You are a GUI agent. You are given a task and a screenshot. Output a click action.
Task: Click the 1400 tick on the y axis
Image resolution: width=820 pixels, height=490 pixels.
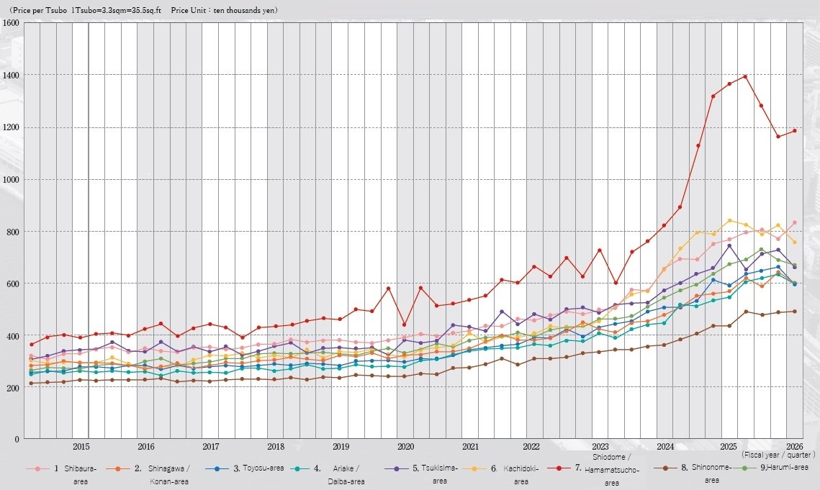(x=11, y=76)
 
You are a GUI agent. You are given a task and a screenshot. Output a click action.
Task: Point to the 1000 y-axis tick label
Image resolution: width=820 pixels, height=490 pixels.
(x=11, y=179)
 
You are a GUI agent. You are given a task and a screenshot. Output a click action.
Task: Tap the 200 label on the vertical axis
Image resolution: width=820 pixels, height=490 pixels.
(x=12, y=388)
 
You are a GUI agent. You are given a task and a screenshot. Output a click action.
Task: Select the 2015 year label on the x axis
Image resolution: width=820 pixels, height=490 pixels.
(x=81, y=447)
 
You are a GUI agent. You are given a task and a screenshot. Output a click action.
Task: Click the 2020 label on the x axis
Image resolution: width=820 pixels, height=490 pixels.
(x=406, y=447)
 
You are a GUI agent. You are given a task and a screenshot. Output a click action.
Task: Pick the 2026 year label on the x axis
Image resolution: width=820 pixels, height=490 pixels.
(x=794, y=447)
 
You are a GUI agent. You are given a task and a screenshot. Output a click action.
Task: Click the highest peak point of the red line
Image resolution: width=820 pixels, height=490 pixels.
(x=745, y=76)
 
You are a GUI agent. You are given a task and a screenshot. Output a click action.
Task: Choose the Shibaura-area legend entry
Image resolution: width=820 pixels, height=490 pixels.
(x=62, y=474)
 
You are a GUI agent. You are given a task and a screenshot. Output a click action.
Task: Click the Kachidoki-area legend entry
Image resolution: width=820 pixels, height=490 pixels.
(x=507, y=474)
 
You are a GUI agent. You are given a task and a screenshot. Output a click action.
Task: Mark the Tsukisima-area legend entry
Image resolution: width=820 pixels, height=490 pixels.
(x=421, y=474)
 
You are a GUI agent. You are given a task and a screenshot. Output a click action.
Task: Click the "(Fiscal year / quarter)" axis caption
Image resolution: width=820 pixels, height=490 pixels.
(x=778, y=455)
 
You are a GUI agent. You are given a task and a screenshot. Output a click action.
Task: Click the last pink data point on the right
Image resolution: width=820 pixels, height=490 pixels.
(x=794, y=223)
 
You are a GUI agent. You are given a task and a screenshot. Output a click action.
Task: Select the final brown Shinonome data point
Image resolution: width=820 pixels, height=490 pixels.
(x=794, y=312)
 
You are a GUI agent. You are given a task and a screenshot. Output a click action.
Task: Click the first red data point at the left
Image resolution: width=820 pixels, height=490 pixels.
(x=31, y=345)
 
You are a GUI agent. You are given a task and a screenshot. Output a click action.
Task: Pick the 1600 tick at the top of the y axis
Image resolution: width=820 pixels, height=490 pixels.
(x=11, y=23)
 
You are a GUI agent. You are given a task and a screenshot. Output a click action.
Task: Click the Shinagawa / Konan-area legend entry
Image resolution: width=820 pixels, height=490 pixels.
(x=148, y=474)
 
